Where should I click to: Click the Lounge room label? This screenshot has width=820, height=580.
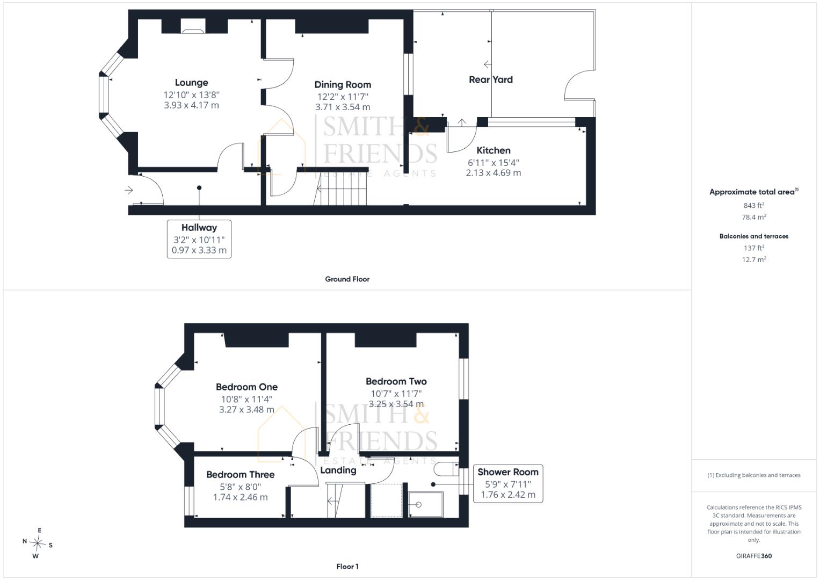point(192,83)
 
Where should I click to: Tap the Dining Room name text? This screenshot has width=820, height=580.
point(343,85)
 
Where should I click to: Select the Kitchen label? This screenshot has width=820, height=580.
point(494,150)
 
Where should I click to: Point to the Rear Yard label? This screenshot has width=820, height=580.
point(490,79)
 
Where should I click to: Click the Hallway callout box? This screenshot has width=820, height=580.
point(199,239)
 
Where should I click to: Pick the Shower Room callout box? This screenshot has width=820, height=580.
point(508,483)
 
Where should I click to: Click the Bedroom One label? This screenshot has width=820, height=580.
point(246,387)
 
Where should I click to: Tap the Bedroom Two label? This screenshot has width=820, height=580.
point(396,381)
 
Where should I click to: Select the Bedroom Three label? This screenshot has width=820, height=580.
point(240,475)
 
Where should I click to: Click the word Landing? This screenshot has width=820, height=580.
point(338,470)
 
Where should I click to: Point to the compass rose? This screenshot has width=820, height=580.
point(38,543)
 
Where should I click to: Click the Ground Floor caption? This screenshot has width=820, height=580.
point(347,279)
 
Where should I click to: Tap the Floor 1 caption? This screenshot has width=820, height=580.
point(347,567)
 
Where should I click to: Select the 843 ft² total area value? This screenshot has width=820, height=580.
point(754,205)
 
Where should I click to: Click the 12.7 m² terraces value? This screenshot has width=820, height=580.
point(754,259)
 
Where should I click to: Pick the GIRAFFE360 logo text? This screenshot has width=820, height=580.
point(754,556)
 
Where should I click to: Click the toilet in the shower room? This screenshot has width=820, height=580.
point(446,469)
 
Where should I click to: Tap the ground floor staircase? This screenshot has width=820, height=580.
point(340,189)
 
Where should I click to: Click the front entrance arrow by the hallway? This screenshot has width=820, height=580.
point(128,190)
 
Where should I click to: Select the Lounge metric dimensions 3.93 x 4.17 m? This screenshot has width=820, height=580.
point(192,105)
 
